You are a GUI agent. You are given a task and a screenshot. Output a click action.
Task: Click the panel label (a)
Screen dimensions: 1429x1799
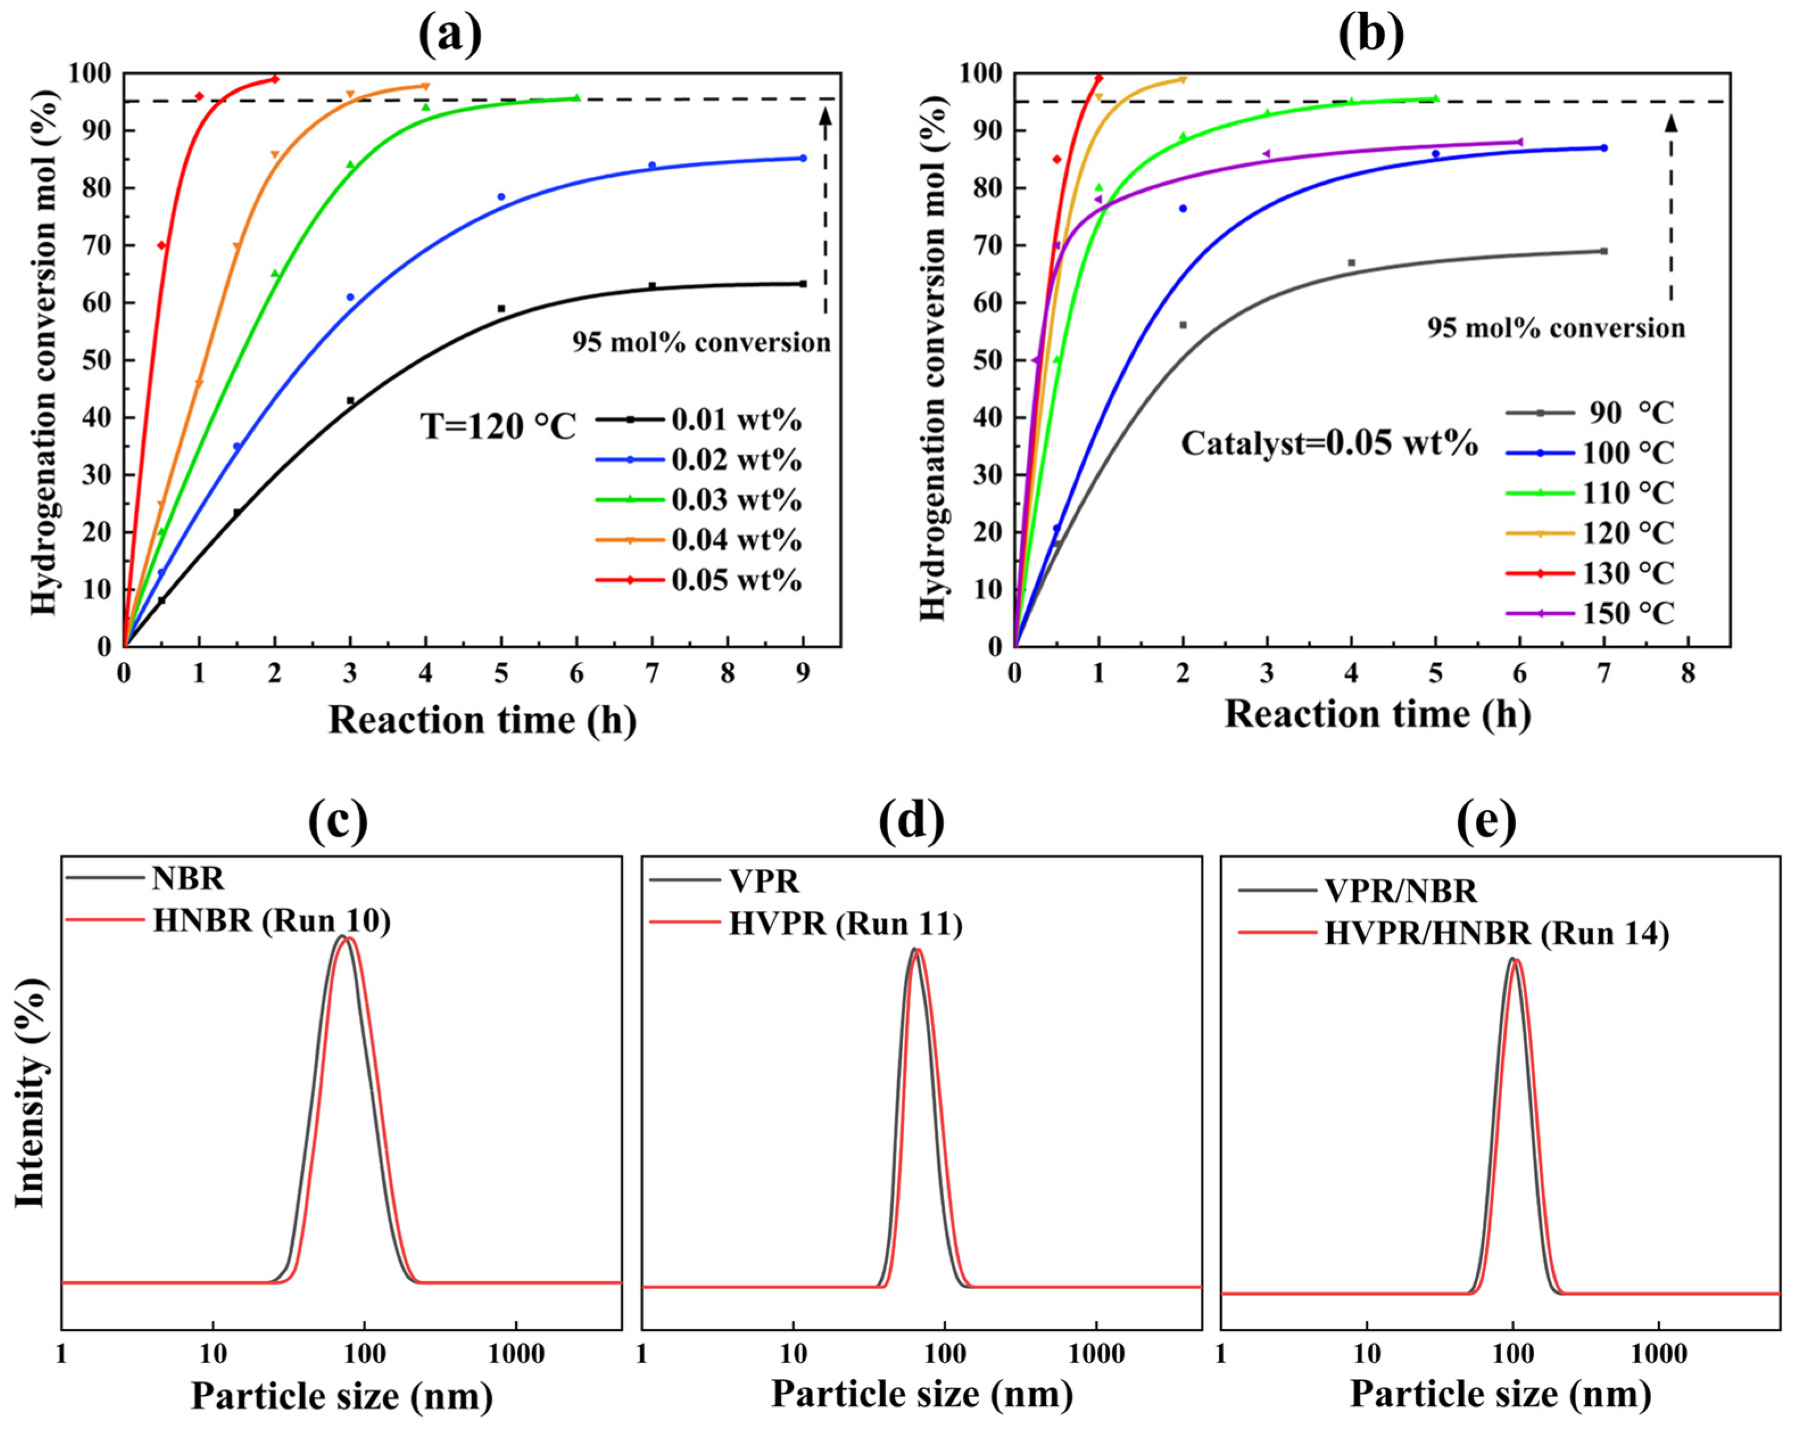pyautogui.click(x=450, y=35)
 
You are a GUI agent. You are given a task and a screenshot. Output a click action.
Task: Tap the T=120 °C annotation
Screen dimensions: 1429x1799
pyautogui.click(x=498, y=426)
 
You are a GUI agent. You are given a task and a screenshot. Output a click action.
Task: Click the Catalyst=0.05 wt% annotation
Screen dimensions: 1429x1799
pyautogui.click(x=1328, y=442)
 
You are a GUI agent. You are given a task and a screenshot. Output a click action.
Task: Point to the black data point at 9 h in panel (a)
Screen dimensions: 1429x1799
pyautogui.click(x=803, y=284)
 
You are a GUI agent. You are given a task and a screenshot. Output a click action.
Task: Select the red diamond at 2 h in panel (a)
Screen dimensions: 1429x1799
pyautogui.click(x=275, y=79)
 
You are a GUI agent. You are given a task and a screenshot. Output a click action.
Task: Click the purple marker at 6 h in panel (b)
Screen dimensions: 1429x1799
pyautogui.click(x=1519, y=142)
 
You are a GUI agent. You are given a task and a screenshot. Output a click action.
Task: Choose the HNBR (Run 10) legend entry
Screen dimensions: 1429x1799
pyautogui.click(x=271, y=921)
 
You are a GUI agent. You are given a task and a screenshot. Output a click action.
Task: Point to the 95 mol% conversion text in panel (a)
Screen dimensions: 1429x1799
pyautogui.click(x=701, y=342)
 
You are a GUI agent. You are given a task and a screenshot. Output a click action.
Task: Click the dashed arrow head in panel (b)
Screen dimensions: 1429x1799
pyautogui.click(x=1671, y=123)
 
